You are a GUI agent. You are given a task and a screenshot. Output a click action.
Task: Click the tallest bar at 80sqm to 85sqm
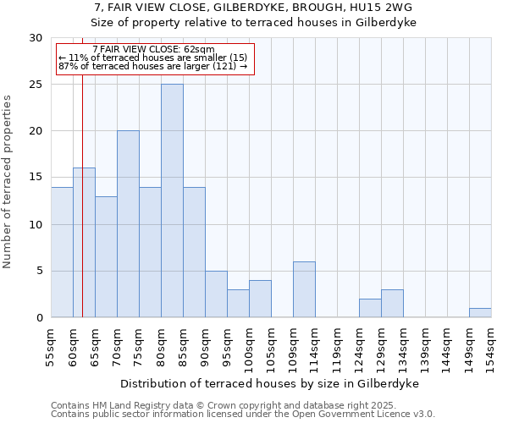pos(172,201)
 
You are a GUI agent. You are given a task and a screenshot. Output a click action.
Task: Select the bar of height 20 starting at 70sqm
pos(128,224)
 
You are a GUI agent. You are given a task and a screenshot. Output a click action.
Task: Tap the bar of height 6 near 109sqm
pos(304,289)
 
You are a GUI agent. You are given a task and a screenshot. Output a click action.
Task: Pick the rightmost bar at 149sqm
pos(480,312)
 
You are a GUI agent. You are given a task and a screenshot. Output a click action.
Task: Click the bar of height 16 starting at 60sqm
pos(84,243)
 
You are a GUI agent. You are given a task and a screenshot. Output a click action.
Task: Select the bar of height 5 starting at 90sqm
pos(216,294)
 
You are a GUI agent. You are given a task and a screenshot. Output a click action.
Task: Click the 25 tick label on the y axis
pos(36,85)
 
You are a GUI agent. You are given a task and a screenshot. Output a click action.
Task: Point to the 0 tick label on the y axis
pos(39,318)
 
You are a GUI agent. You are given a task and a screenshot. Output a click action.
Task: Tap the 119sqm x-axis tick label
pos(337,347)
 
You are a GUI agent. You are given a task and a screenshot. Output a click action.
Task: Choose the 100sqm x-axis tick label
pos(249,347)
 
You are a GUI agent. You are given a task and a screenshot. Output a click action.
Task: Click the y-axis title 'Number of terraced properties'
pos(8,181)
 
